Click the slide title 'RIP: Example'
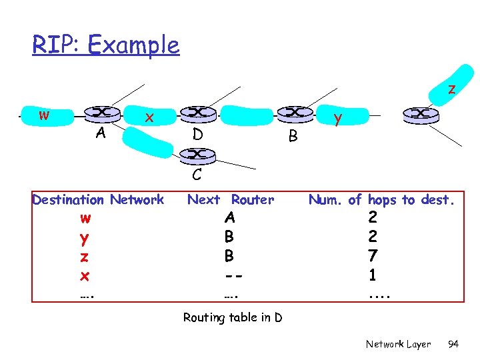[106, 45]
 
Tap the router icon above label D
[197, 113]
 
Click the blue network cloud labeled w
[43, 115]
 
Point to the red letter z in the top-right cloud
[451, 89]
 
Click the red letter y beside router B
[339, 120]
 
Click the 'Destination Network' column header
[98, 199]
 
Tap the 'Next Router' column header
[231, 199]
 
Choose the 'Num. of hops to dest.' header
[381, 199]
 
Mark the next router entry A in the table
[229, 218]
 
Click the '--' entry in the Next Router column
[229, 274]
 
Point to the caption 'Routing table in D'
[232, 317]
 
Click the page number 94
[453, 344]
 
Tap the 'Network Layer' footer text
[398, 344]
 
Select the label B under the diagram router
[291, 138]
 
